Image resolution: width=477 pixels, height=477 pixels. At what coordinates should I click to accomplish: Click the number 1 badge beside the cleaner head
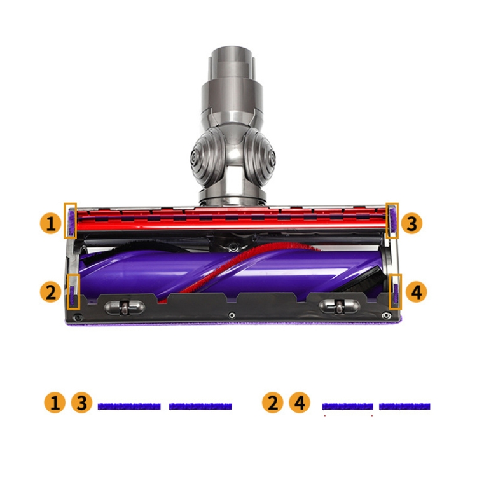[x=51, y=224]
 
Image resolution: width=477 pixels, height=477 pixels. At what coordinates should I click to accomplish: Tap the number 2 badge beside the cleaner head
[x=51, y=292]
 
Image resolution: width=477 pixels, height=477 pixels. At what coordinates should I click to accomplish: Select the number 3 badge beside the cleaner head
[x=411, y=224]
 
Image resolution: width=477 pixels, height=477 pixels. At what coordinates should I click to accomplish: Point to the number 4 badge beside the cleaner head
[x=416, y=292]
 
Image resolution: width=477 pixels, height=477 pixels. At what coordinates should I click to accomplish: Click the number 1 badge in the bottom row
[x=55, y=403]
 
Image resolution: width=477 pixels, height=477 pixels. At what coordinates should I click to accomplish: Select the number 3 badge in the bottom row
[x=81, y=403]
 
